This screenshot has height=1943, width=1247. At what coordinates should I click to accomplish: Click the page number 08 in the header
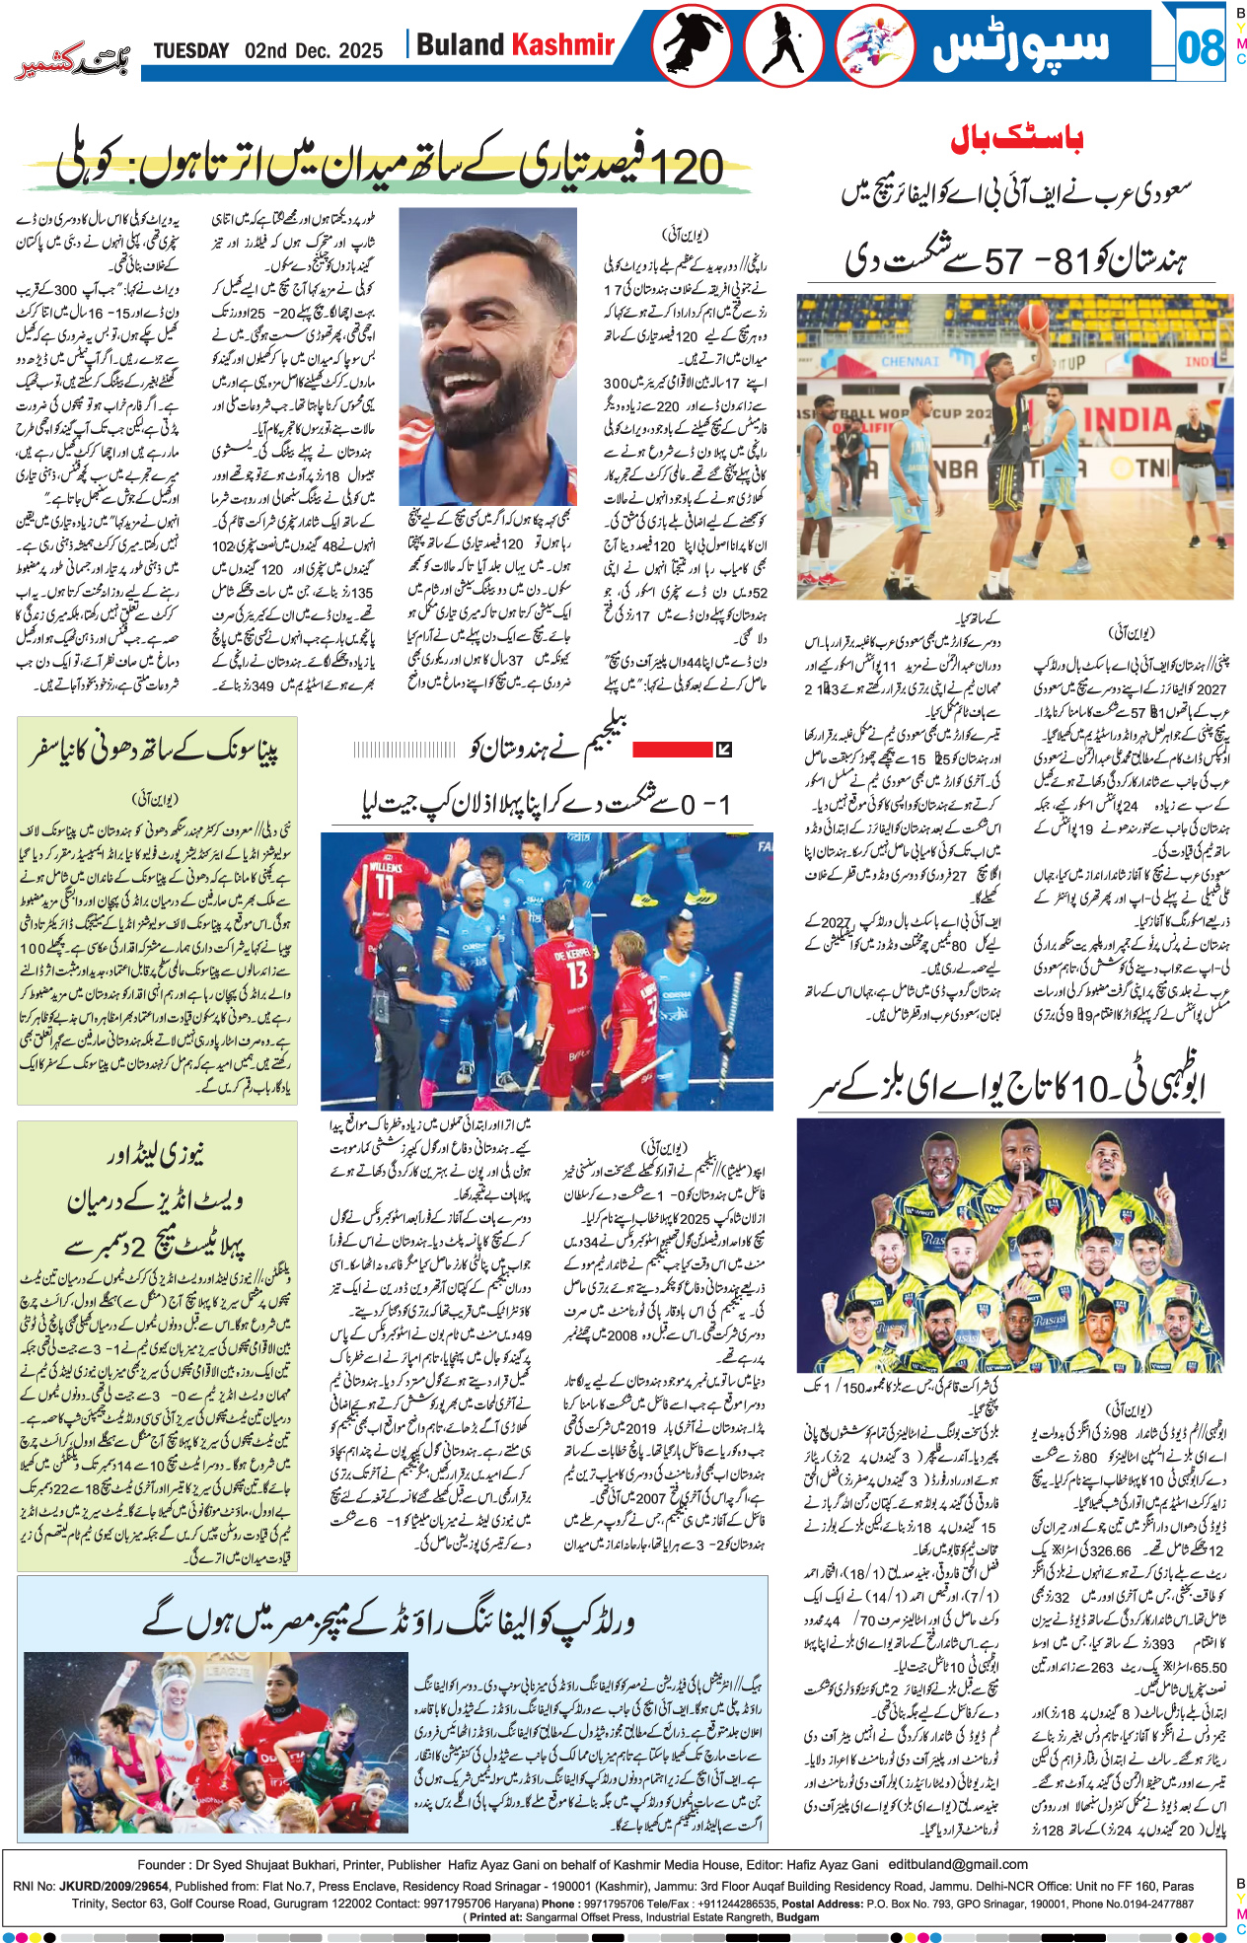coord(1200,47)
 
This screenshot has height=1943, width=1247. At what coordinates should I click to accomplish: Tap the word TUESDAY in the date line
coord(191,51)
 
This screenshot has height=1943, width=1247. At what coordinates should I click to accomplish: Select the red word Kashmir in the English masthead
coord(562,45)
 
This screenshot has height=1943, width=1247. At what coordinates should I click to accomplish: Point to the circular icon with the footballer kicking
coord(874,45)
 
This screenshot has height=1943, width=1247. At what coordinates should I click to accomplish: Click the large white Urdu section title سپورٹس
coord(1021,45)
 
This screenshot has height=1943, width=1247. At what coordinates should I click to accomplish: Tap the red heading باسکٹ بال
coord(1016,139)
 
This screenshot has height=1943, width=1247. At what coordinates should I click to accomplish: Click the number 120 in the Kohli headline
coord(687,166)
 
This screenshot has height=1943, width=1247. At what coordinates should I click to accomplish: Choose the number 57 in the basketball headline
coord(1002,260)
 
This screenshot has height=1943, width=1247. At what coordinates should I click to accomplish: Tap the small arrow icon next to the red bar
coord(723,750)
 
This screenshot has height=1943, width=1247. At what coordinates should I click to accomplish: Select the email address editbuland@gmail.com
coord(958,1864)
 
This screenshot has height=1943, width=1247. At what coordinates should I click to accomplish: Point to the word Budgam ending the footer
coord(799,1917)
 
